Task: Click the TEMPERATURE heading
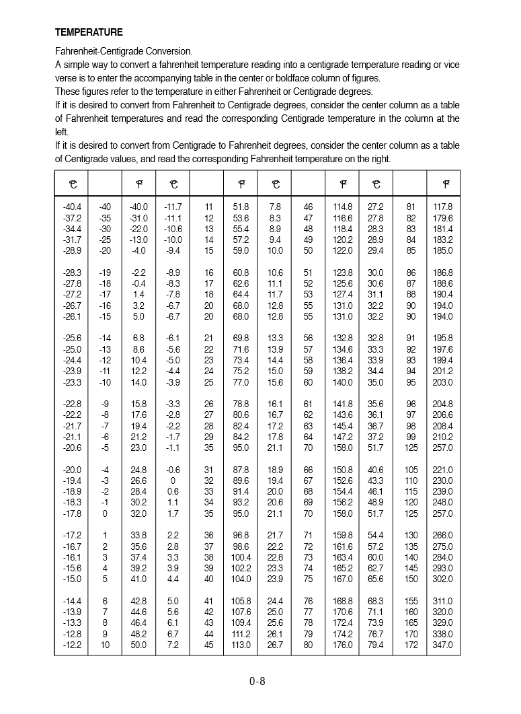click(89, 32)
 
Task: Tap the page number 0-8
click(257, 681)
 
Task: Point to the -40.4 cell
click(72, 207)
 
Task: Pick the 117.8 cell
click(443, 207)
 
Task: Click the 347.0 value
click(443, 645)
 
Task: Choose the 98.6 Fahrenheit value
click(241, 546)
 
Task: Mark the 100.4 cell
click(241, 557)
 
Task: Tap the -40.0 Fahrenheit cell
click(138, 207)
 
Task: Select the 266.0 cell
click(443, 536)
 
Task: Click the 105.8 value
click(241, 601)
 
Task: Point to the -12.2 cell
click(72, 645)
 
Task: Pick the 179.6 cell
click(443, 218)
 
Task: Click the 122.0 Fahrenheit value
click(342, 250)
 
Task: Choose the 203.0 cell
click(443, 382)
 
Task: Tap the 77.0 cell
click(241, 382)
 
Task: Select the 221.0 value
click(443, 470)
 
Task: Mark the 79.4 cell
click(376, 645)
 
